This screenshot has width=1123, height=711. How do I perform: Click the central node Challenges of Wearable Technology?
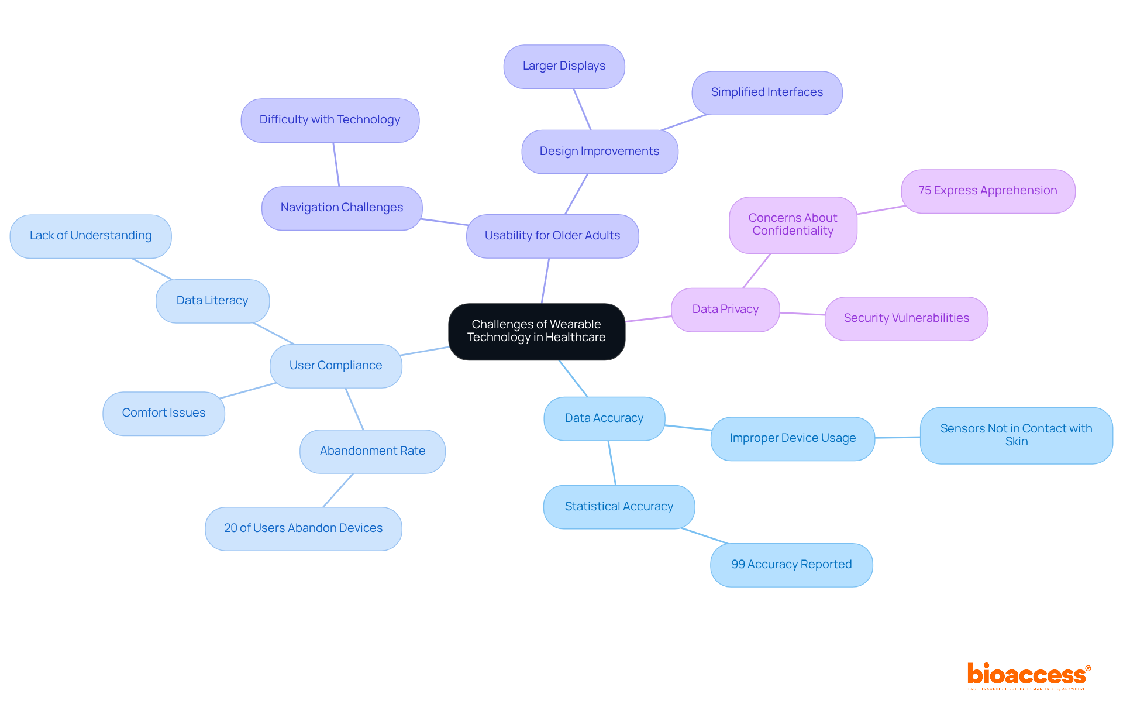[536, 331]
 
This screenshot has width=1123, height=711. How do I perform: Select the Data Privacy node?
[725, 310]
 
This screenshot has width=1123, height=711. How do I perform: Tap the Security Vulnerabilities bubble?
[906, 318]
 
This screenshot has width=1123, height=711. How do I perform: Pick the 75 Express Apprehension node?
[988, 191]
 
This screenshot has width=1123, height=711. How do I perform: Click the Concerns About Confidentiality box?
[793, 225]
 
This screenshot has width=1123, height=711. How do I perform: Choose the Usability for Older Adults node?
[552, 236]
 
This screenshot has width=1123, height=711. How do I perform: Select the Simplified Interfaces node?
[767, 93]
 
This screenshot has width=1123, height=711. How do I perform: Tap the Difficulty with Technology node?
[330, 120]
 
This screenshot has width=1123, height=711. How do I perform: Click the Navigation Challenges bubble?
[342, 208]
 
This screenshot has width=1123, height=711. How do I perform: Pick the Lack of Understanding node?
[91, 236]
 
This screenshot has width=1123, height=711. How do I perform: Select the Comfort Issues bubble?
[164, 413]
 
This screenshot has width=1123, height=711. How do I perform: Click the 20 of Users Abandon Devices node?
[303, 528]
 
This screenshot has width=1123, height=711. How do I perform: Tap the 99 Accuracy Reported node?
[791, 565]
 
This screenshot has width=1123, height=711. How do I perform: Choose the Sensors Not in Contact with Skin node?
[1016, 435]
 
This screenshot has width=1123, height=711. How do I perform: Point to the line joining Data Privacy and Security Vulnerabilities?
[802, 314]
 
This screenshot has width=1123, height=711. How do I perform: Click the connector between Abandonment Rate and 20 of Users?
[338, 490]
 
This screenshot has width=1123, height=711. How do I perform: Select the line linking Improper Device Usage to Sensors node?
[897, 437]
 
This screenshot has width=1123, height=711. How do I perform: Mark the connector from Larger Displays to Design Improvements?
[582, 109]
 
